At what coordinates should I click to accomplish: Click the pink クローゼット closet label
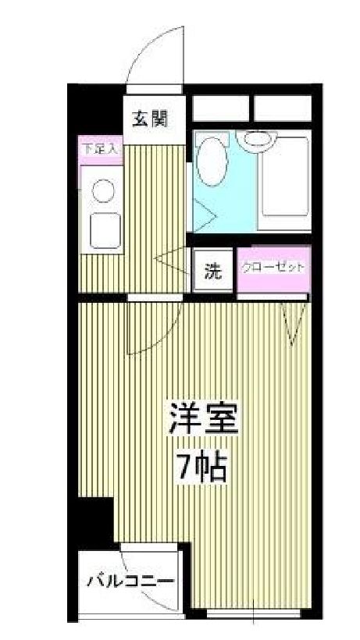(x=273, y=267)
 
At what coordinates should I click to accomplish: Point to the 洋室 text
(x=202, y=421)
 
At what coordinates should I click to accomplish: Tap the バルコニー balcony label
(x=130, y=582)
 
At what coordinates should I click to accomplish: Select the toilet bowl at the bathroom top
(x=257, y=140)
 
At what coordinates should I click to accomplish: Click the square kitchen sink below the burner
(x=103, y=229)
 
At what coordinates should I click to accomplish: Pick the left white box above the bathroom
(x=221, y=108)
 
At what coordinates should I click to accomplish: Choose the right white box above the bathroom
(x=283, y=108)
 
